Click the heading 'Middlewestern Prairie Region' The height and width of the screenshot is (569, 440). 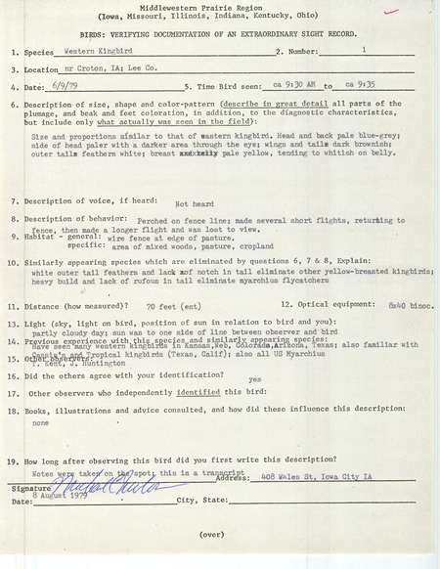click(220, 8)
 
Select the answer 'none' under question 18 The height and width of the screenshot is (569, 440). click(41, 424)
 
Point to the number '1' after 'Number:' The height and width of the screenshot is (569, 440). click(364, 48)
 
